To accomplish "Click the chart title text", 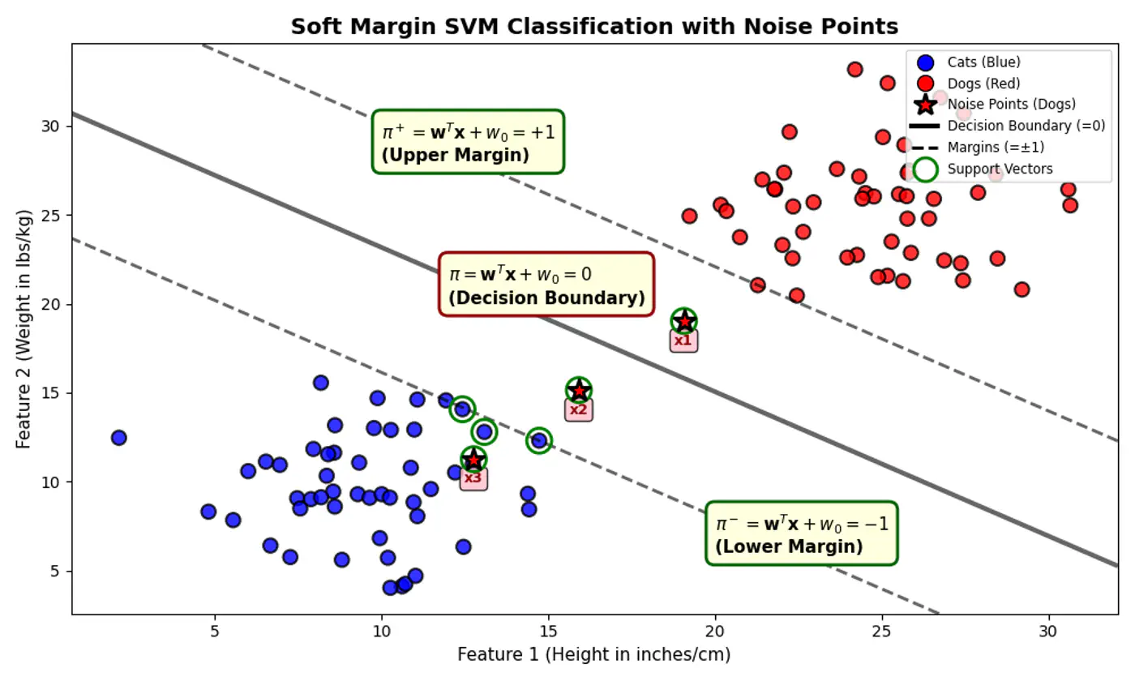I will [x=594, y=26].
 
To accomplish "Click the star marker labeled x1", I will [x=684, y=322].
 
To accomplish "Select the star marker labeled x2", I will [x=579, y=391].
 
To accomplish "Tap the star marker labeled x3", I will [x=473, y=460].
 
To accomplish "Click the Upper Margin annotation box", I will [x=468, y=142].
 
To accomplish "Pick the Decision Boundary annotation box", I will [x=546, y=285].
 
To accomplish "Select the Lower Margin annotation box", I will [x=801, y=533].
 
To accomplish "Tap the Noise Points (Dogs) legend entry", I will [x=1010, y=105].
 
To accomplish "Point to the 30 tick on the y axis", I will [x=54, y=126].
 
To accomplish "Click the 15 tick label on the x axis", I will [x=548, y=631].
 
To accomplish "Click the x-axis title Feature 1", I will [x=593, y=654].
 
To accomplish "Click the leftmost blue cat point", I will [x=119, y=438].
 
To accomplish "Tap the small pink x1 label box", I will [x=683, y=340].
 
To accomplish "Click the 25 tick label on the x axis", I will [x=881, y=631].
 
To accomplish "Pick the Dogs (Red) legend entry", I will [x=983, y=84].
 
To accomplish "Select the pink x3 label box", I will [x=473, y=478].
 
